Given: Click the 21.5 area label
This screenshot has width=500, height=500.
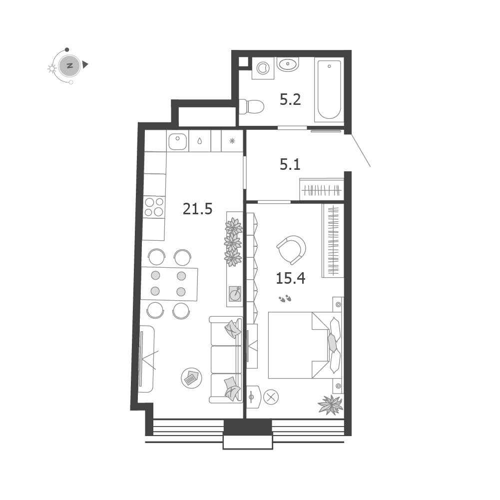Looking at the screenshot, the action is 197,209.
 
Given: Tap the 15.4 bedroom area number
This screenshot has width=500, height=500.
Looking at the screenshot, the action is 291,278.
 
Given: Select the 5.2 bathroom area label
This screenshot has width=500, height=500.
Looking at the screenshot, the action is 290,99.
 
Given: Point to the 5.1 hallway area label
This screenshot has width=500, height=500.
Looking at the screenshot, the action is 290,164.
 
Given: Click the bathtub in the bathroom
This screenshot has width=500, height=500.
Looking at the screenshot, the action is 329,89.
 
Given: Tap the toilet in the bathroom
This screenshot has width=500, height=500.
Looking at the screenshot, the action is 251,106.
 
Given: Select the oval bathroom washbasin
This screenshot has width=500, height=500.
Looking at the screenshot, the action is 288,64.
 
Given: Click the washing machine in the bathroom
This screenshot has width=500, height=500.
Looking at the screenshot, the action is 263,68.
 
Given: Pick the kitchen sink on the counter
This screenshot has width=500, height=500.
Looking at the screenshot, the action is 178,141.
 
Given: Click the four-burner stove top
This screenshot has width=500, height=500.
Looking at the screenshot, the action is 154,207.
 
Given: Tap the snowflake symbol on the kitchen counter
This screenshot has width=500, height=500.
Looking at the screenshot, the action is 232,141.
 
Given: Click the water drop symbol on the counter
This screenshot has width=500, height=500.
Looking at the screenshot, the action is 200,141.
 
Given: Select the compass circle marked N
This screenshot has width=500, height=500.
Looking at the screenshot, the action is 69,66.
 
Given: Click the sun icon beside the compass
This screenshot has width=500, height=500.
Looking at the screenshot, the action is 51,68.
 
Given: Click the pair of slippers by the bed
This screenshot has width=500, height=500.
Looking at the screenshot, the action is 285,299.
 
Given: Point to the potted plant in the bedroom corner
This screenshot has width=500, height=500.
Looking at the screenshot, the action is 331,405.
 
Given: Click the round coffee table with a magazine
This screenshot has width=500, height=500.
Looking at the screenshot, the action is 191,378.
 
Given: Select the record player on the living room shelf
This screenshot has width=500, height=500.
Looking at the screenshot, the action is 235,294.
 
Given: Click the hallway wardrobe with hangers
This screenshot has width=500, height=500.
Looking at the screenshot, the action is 322,190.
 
